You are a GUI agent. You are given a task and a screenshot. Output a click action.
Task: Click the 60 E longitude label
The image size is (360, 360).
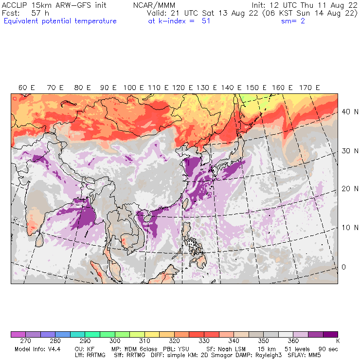point(27,88)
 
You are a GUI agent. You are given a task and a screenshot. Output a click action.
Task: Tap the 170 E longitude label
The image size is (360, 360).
point(310,88)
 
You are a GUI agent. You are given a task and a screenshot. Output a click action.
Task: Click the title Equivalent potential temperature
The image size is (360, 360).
point(60,21)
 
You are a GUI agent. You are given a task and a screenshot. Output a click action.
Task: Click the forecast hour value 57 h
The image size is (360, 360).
point(39,13)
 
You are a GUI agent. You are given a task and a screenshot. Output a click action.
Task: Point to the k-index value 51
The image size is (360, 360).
point(205,21)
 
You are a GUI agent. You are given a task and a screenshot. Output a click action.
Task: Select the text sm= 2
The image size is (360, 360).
point(293,21)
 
